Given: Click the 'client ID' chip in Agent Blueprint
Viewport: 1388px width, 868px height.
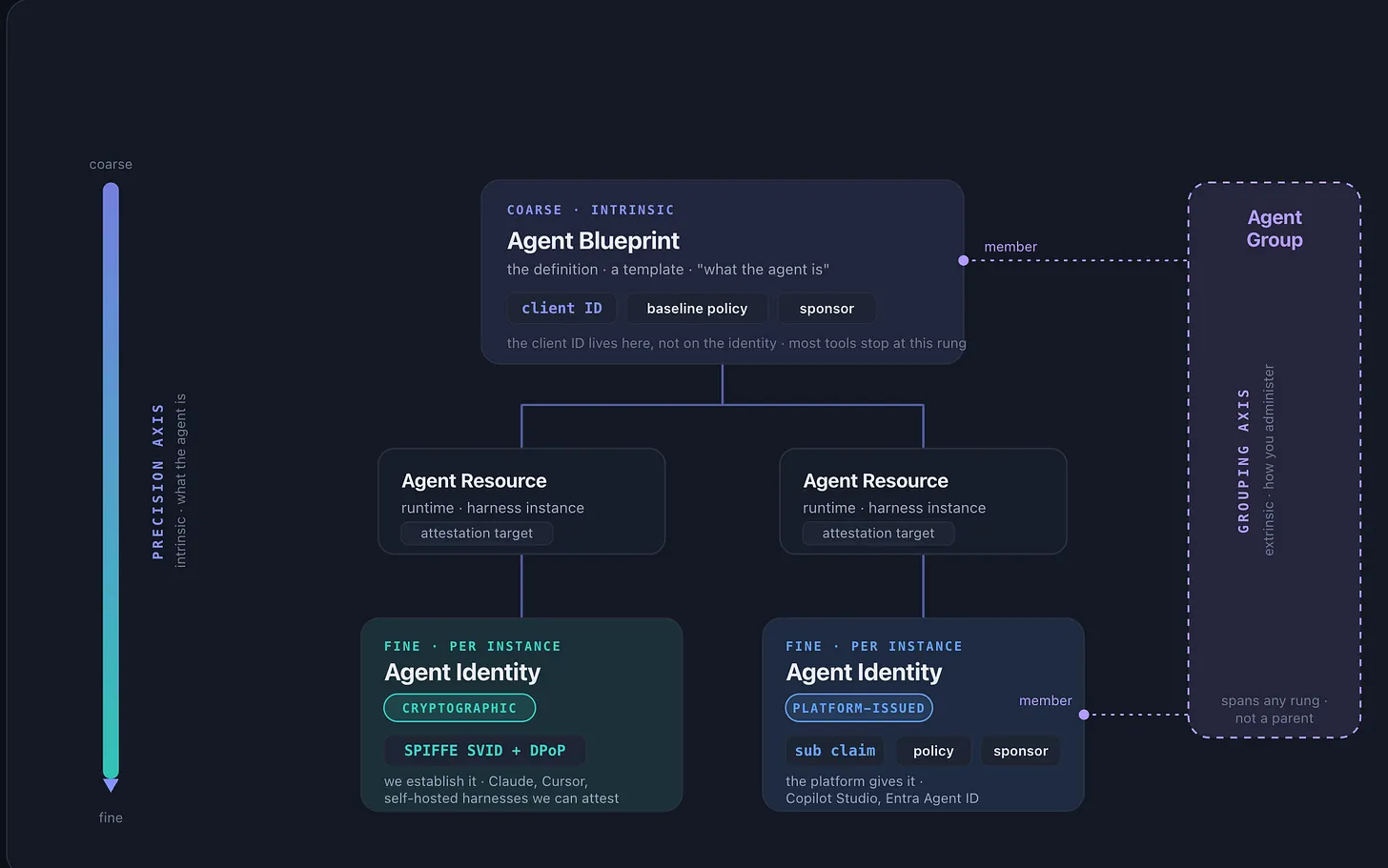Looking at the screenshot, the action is pyautogui.click(x=561, y=309).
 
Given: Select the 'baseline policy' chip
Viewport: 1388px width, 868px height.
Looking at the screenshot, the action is pyautogui.click(x=697, y=309).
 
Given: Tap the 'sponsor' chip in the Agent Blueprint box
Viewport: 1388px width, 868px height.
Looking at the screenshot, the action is pyautogui.click(x=827, y=309).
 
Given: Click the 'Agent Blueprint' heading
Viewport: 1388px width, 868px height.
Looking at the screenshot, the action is pyautogui.click(x=593, y=241).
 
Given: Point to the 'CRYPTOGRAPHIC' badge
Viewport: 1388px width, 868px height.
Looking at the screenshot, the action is pyautogui.click(x=459, y=708).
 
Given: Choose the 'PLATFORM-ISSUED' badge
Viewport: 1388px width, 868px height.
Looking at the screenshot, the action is pyautogui.click(x=859, y=708).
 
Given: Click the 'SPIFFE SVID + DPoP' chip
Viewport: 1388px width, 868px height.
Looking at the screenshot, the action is pyautogui.click(x=484, y=751).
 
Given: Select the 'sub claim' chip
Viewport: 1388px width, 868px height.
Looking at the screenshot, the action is pyautogui.click(x=835, y=751).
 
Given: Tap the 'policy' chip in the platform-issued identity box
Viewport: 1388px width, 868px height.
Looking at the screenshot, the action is pyautogui.click(x=933, y=751).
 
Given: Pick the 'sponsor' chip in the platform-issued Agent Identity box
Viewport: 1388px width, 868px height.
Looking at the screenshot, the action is pyautogui.click(x=1021, y=751).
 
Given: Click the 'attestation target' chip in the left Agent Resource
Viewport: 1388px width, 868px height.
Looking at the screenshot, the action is pyautogui.click(x=477, y=533).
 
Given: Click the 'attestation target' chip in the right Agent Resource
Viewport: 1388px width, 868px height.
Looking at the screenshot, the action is pyautogui.click(x=878, y=533).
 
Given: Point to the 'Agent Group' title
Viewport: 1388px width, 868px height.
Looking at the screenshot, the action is pyautogui.click(x=1275, y=229).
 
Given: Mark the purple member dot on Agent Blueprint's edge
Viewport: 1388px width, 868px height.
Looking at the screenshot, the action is pyautogui.click(x=963, y=261).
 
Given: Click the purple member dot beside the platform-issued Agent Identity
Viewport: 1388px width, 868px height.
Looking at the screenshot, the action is pyautogui.click(x=1084, y=715).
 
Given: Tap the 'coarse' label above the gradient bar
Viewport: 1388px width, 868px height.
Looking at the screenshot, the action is pyautogui.click(x=111, y=164).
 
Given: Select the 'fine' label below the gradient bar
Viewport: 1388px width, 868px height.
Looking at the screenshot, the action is pyautogui.click(x=111, y=818).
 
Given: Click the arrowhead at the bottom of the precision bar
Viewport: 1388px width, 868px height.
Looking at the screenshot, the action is pyautogui.click(x=111, y=785).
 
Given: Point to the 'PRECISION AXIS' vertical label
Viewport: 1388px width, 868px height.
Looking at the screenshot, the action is pyautogui.click(x=158, y=481).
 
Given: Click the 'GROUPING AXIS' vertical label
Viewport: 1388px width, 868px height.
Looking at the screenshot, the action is pyautogui.click(x=1243, y=460).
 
